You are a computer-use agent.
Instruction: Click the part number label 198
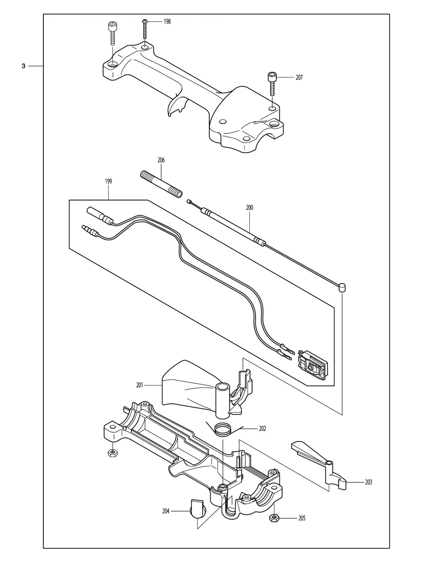[167, 22]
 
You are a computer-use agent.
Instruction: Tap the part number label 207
[299, 78]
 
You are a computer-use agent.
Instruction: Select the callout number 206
[161, 160]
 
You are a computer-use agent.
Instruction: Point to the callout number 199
[108, 181]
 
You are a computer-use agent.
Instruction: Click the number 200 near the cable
[249, 207]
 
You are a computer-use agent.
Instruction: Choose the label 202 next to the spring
[262, 429]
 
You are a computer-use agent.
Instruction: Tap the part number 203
[368, 482]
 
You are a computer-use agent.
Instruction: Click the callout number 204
[166, 511]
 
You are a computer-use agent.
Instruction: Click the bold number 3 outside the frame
[23, 66]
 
